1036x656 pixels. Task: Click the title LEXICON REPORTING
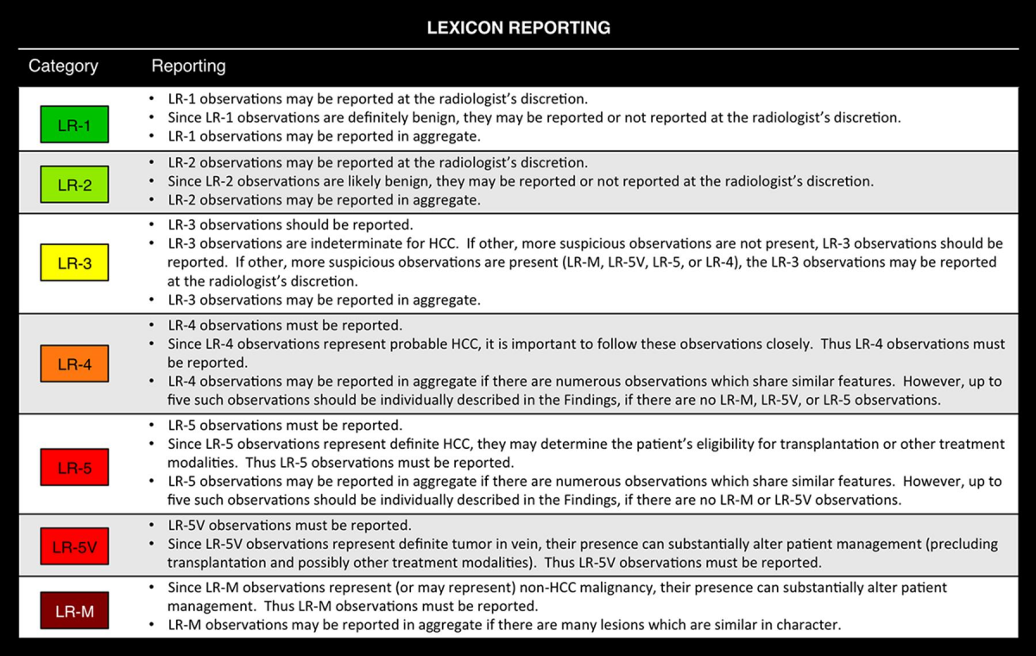[518, 28]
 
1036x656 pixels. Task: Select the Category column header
[63, 66]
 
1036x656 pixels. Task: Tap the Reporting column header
[188, 66]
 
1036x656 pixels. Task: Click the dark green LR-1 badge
[74, 124]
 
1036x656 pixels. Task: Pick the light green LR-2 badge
[74, 184]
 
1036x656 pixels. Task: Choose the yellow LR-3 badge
[74, 263]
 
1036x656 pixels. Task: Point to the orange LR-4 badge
[74, 363]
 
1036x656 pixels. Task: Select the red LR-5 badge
[74, 467]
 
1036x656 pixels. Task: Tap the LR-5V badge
[74, 546]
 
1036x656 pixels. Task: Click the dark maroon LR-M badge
[74, 612]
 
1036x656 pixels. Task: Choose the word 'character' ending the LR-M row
[808, 625]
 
